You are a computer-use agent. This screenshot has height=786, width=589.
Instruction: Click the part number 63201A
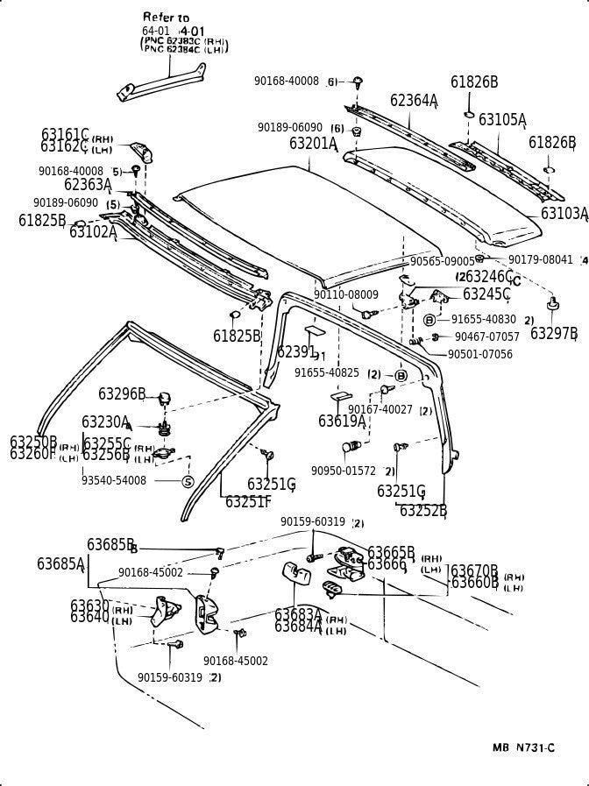point(313,143)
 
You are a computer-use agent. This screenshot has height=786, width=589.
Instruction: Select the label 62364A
point(414,101)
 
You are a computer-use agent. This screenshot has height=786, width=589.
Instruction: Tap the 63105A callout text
point(502,119)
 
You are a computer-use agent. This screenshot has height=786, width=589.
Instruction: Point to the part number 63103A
point(564,213)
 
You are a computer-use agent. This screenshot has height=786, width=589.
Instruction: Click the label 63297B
point(554,333)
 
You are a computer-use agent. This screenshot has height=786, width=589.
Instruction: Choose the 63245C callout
point(486,294)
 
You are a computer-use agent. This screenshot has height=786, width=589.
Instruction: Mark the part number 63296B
point(122,395)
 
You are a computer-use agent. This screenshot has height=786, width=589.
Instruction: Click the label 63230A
point(105,422)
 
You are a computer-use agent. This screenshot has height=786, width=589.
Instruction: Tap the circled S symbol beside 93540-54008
point(188,482)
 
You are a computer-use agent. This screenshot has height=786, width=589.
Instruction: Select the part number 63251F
point(248,501)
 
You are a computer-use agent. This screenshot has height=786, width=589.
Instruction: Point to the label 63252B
point(423,511)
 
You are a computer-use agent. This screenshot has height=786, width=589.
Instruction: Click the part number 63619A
point(342,421)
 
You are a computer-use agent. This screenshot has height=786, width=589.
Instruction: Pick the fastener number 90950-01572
point(343,471)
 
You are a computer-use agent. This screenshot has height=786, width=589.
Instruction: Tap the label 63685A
point(60,563)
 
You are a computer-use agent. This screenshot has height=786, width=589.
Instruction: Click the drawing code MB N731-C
point(523,747)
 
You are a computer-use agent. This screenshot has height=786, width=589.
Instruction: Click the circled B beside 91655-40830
point(429,320)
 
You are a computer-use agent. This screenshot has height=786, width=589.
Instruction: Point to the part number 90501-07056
point(479,354)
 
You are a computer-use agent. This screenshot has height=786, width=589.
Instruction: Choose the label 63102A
point(93,232)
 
